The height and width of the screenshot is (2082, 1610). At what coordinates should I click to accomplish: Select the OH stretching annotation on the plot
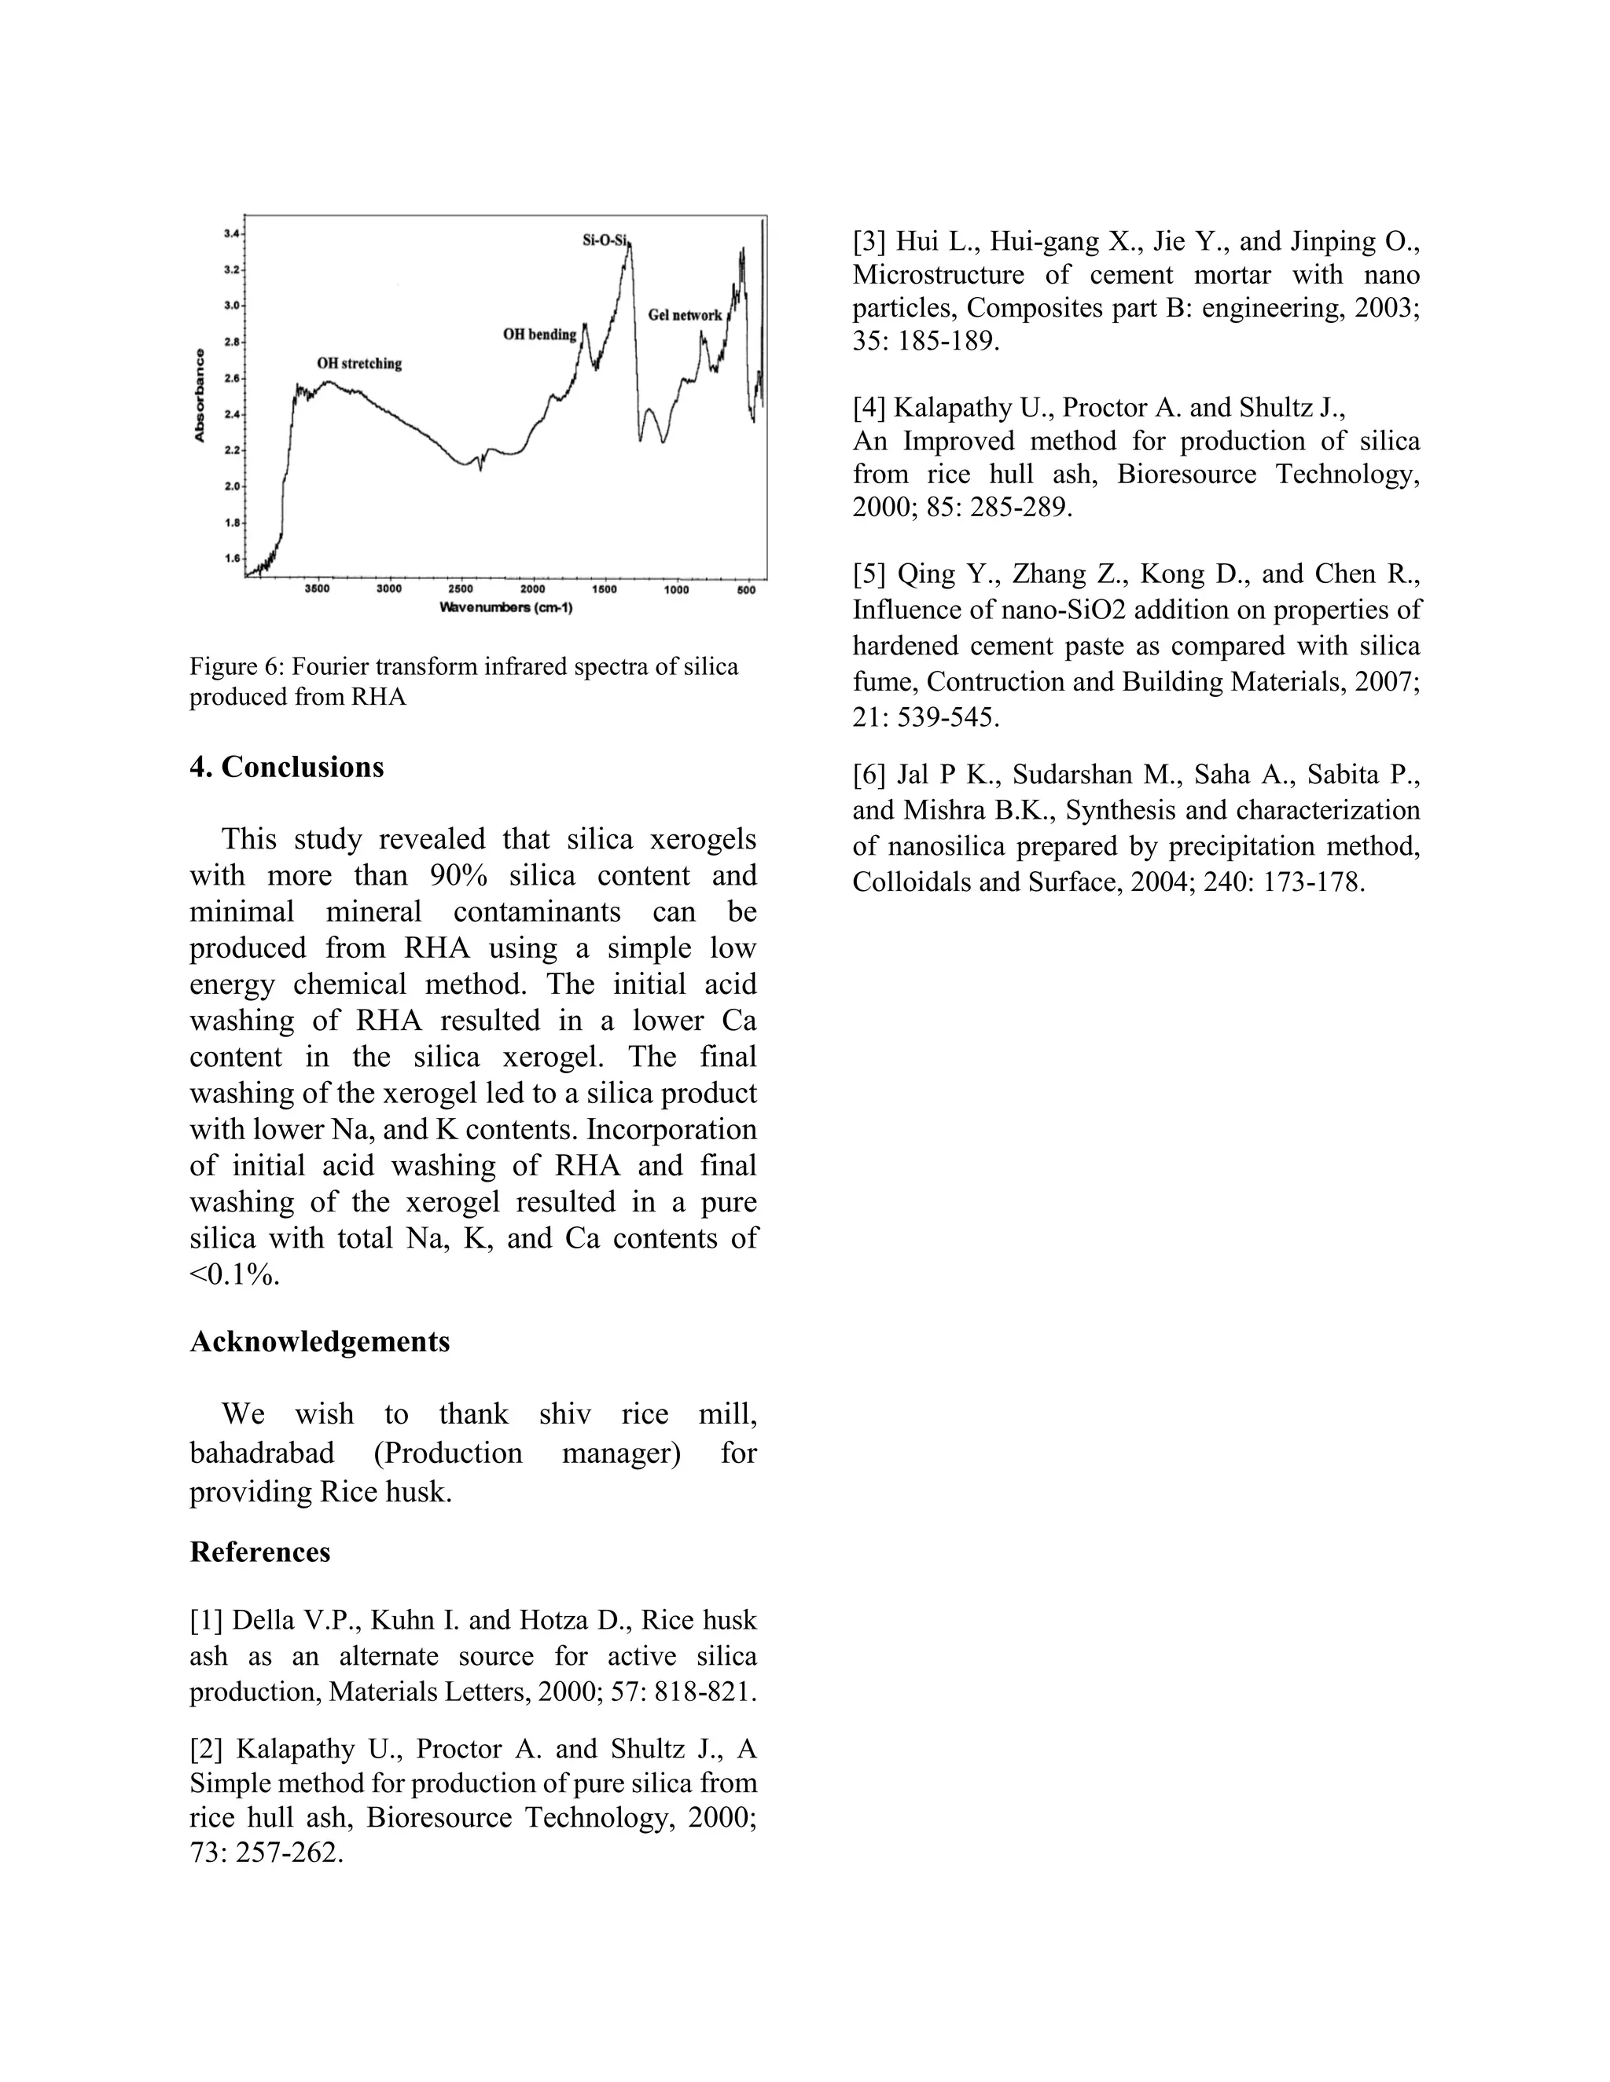(x=359, y=363)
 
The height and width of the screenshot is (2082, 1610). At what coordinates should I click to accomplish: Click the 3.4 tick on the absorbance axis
(x=232, y=233)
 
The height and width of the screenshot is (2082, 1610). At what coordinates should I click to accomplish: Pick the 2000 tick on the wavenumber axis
(x=532, y=589)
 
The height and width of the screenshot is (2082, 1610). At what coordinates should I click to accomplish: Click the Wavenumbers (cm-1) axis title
(x=505, y=607)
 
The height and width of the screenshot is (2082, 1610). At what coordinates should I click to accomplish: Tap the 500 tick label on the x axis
(x=747, y=589)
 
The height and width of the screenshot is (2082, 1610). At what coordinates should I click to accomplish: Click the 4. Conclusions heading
(x=286, y=768)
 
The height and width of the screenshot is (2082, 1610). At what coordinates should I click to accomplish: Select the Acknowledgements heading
(x=319, y=1342)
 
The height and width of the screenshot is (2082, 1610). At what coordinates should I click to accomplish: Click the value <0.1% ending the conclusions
(x=234, y=1274)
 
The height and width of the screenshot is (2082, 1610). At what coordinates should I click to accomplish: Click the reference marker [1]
(x=206, y=1621)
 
